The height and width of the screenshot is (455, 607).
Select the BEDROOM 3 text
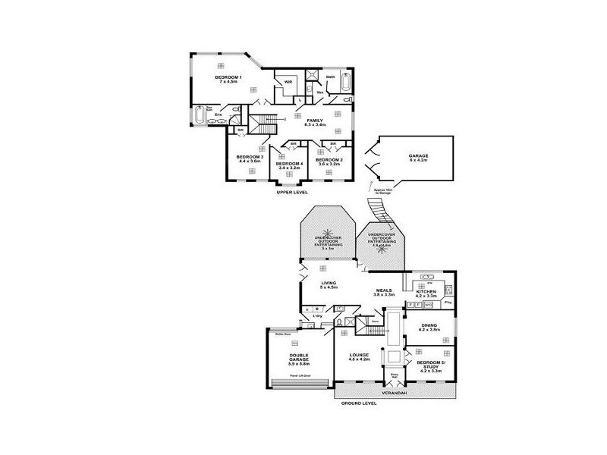point(250,158)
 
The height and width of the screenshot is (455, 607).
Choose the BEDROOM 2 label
point(330,161)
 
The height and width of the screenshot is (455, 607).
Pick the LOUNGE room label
point(359,357)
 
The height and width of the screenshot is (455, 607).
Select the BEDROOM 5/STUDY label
point(430,366)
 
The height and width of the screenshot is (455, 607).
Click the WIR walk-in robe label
point(288,81)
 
